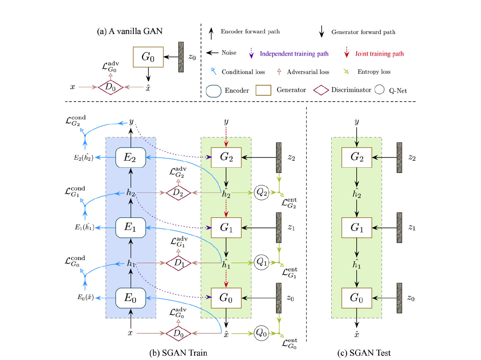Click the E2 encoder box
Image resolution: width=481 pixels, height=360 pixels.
130,157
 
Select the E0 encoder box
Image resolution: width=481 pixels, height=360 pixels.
130,298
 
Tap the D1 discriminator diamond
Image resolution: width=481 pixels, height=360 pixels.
178,263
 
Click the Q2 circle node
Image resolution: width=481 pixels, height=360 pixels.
262,193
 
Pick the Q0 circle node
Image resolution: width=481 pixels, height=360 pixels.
261,333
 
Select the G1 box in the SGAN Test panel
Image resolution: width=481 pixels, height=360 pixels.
356,228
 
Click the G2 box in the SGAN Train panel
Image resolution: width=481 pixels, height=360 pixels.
226,157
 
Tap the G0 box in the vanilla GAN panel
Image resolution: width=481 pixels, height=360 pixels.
148,57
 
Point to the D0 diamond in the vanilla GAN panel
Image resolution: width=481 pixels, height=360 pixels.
111,87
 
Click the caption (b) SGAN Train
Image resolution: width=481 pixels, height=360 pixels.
178,353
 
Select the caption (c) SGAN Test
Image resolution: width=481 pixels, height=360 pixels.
364,353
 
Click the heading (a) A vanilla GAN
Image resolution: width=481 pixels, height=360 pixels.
130,31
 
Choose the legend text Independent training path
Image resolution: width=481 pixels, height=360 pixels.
294,54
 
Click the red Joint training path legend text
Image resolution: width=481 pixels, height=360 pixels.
379,54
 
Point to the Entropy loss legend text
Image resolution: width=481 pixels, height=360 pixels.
374,72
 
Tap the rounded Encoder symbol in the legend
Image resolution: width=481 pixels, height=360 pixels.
213,91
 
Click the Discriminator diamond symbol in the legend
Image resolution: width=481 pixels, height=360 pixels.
321,90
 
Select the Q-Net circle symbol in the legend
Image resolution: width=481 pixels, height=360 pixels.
379,90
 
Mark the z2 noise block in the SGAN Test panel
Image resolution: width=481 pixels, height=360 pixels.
399,158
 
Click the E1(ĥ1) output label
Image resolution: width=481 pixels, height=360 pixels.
84,228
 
